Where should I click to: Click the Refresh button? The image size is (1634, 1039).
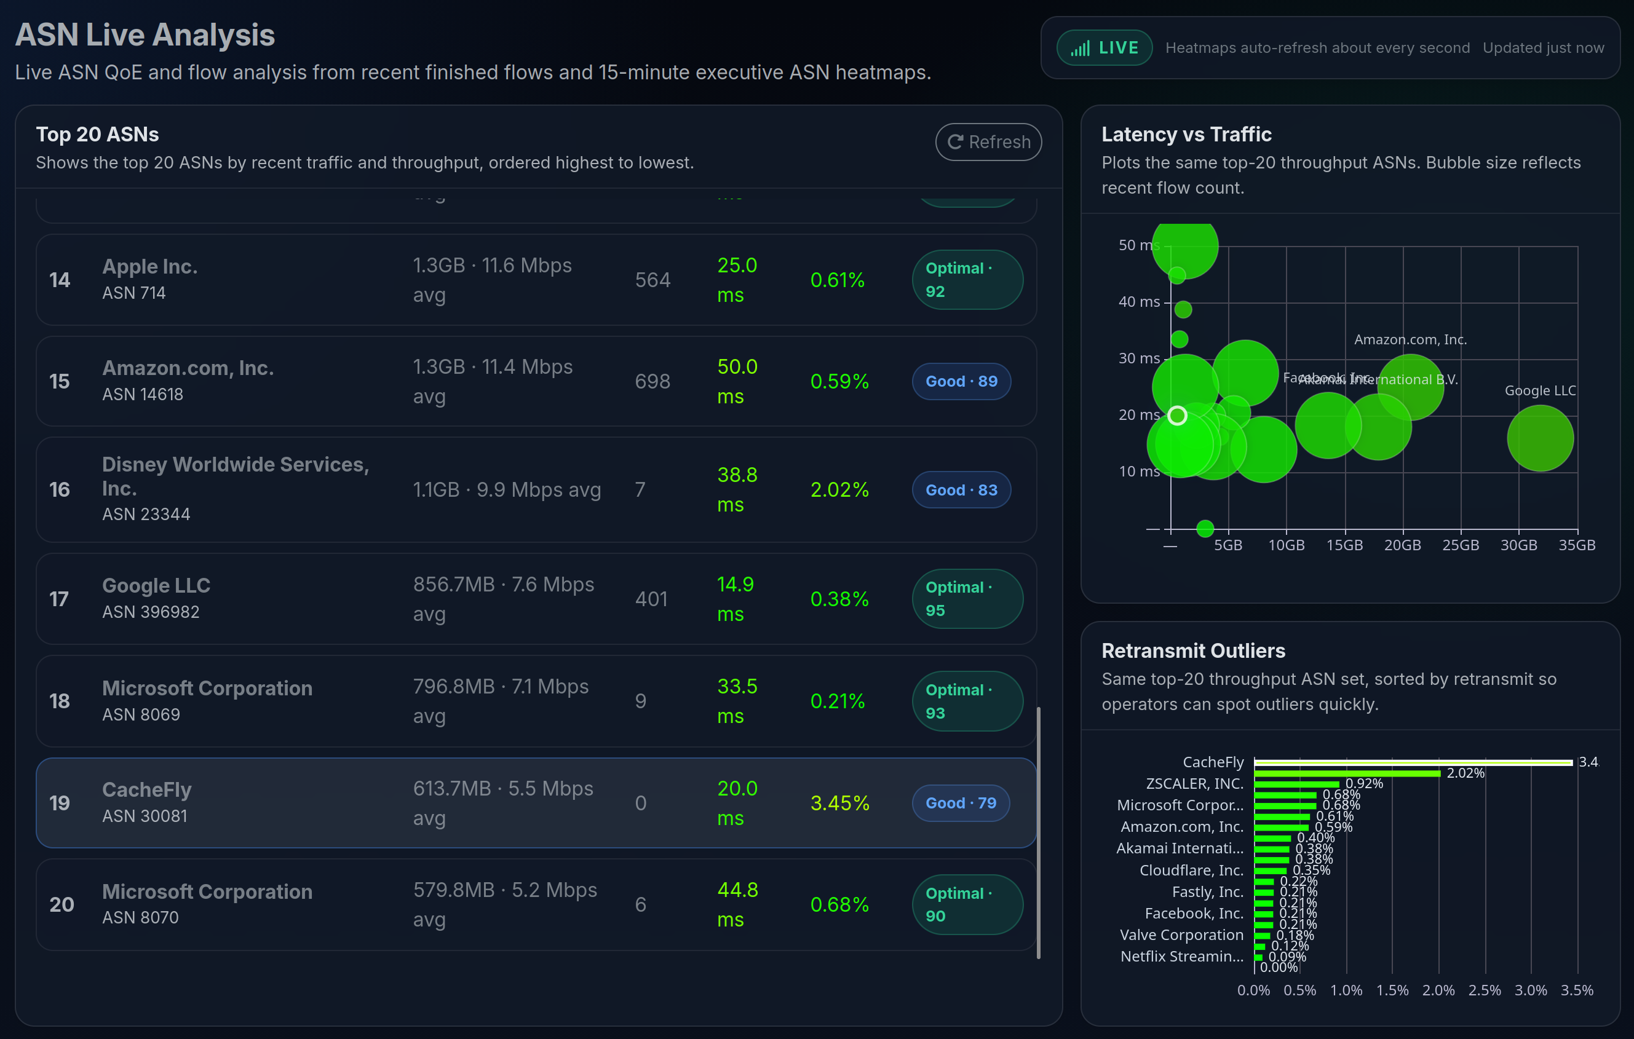(x=988, y=142)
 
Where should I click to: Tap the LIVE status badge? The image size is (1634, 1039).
(x=1104, y=48)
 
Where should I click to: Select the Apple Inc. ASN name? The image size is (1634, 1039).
(x=150, y=267)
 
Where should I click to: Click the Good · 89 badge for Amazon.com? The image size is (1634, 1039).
(x=961, y=381)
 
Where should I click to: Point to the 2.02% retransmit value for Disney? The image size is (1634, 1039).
(x=839, y=489)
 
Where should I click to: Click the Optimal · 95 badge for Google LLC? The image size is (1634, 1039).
(x=966, y=599)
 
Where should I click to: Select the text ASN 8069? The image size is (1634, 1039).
(x=141, y=714)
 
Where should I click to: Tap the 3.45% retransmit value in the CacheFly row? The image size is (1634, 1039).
(x=839, y=803)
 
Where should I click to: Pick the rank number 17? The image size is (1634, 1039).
(x=59, y=599)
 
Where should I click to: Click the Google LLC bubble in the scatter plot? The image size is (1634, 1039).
(x=1540, y=438)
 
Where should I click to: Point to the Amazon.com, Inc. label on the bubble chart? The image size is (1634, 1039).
(x=1410, y=340)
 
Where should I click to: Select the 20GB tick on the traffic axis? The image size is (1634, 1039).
(x=1402, y=545)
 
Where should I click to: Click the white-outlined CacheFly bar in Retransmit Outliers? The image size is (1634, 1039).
(x=1413, y=762)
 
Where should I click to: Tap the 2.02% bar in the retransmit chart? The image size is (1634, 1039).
(x=1346, y=773)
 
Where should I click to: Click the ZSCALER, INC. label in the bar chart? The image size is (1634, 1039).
(x=1194, y=784)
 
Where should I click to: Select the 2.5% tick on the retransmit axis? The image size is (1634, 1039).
(x=1484, y=990)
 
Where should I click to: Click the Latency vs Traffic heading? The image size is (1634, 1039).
(x=1186, y=134)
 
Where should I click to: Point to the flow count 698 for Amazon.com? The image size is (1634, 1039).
(x=652, y=381)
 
